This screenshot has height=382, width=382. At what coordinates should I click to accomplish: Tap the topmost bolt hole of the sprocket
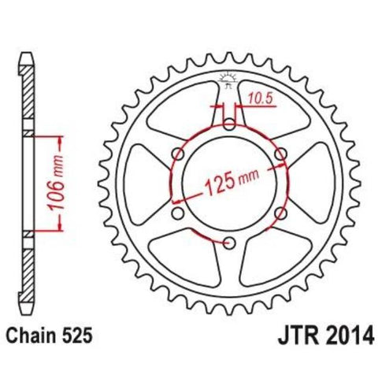coord(228,123)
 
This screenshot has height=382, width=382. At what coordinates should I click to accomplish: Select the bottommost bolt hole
coord(228,243)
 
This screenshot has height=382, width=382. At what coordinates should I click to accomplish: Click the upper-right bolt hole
coord(280,153)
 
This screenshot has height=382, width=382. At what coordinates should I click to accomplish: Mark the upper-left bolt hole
coord(176,153)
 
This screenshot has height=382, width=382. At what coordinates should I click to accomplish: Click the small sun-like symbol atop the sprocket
coord(228,77)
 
